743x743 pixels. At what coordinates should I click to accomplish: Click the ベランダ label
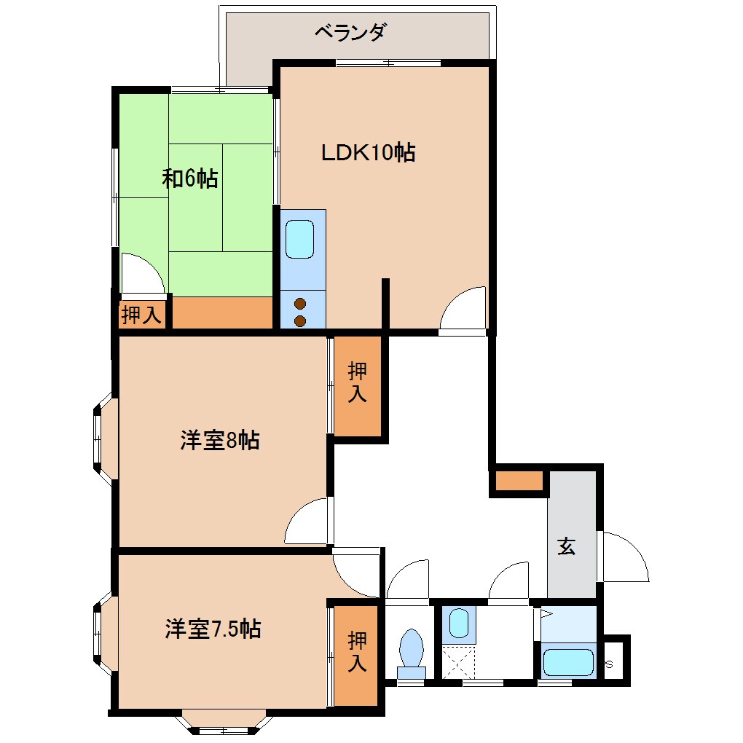(350, 33)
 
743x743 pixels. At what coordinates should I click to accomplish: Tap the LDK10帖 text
(369, 153)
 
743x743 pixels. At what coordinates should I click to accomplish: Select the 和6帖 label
(190, 178)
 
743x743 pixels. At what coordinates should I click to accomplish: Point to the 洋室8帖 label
(220, 440)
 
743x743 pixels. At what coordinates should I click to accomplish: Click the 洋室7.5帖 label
(213, 629)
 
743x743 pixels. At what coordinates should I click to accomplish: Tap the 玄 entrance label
(567, 546)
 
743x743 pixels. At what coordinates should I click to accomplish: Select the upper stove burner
(299, 304)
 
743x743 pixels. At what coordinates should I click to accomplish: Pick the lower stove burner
(299, 321)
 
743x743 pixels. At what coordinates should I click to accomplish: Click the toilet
(412, 650)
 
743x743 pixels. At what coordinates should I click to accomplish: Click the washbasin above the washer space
(459, 624)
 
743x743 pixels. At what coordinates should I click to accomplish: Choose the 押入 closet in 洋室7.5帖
(356, 653)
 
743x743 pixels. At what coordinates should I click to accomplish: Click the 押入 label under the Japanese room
(141, 316)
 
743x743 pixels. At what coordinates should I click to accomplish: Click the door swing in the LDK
(464, 310)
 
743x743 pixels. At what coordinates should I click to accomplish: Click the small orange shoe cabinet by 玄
(519, 481)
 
